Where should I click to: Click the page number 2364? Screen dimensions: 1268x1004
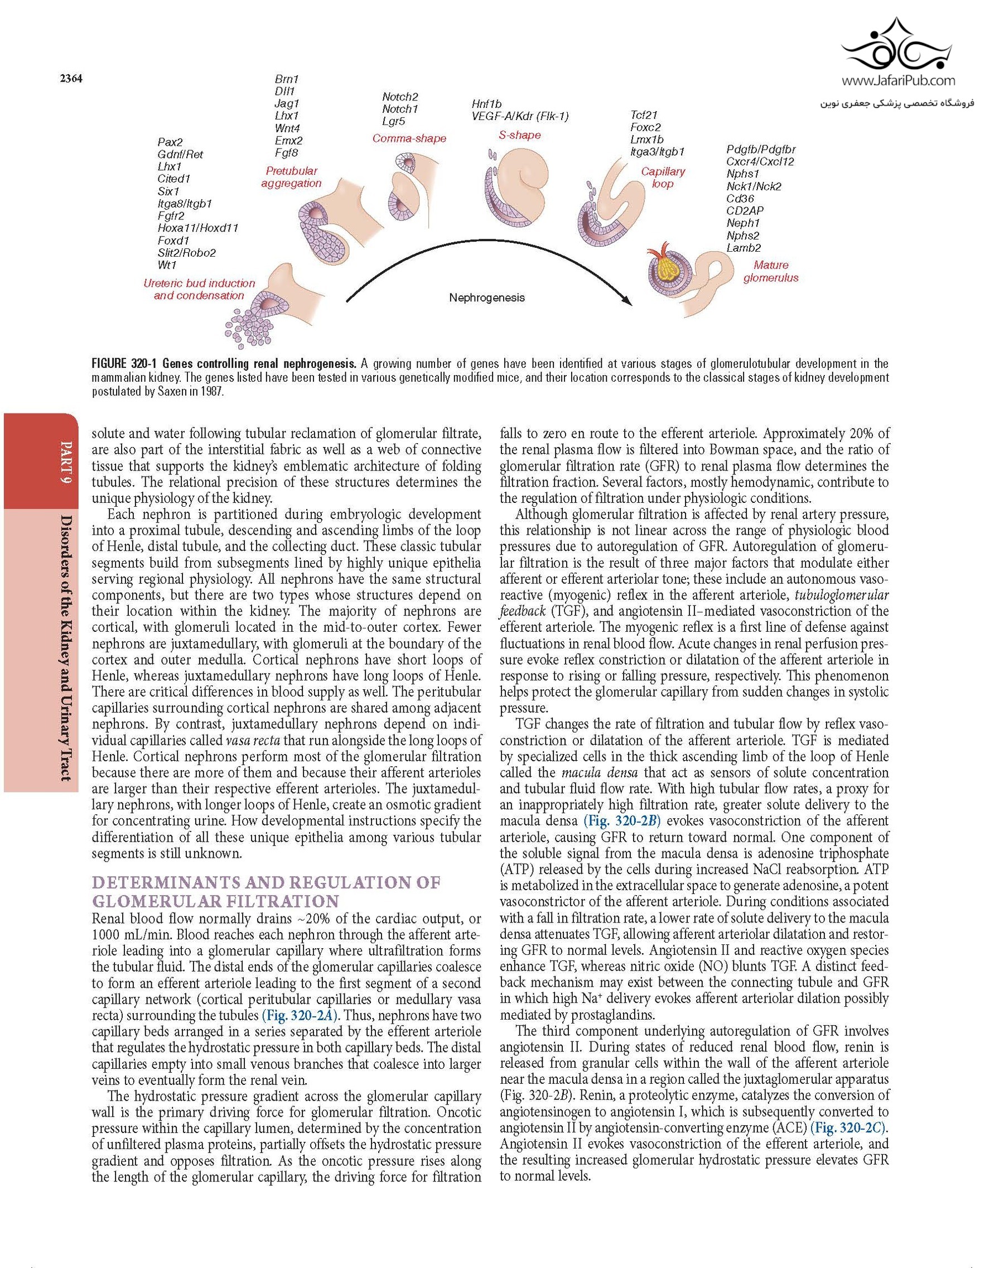[70, 79]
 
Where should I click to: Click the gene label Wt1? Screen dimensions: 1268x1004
[167, 265]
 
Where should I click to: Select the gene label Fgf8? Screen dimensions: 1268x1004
[286, 153]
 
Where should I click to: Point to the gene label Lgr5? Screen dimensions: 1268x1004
[394, 122]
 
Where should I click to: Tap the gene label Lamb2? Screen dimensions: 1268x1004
[743, 248]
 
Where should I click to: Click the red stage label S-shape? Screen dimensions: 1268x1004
[520, 135]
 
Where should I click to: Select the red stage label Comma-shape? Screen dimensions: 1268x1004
[409, 139]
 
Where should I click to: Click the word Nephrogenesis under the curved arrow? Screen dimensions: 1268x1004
[487, 297]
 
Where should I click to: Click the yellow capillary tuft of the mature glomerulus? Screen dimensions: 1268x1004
[668, 270]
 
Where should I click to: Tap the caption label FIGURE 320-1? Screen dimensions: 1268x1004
[125, 363]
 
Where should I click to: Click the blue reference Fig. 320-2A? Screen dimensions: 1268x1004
[299, 1015]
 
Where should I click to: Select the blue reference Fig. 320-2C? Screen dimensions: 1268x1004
[848, 1128]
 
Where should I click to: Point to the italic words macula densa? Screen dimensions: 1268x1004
[590, 772]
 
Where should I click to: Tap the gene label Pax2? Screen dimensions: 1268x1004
[171, 142]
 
